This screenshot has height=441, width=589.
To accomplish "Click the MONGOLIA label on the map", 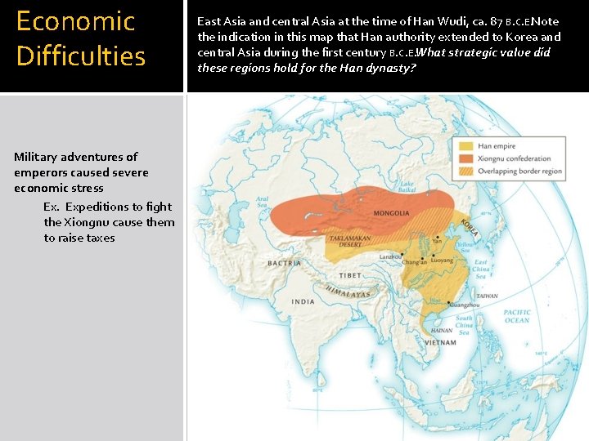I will coord(391,213).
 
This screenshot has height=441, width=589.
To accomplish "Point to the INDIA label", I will coord(303,301).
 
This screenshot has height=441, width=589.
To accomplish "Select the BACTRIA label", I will coord(285,263).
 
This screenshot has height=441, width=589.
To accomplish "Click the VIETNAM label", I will coord(441,342).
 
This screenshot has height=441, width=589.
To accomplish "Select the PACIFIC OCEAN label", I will coord(517,316).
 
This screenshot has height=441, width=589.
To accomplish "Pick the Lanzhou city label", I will coord(391,256).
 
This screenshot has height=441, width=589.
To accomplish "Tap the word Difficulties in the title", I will coord(80,56).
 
